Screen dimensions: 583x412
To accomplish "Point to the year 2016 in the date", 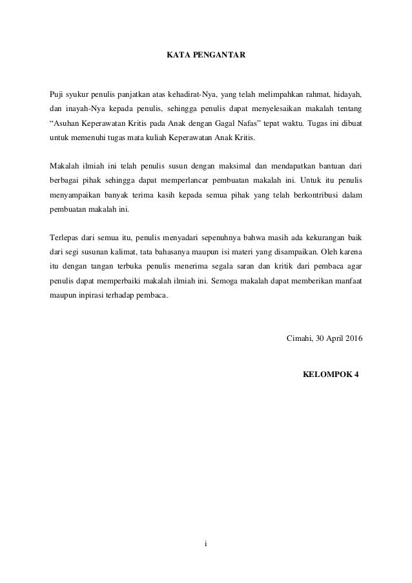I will (x=353, y=340).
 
